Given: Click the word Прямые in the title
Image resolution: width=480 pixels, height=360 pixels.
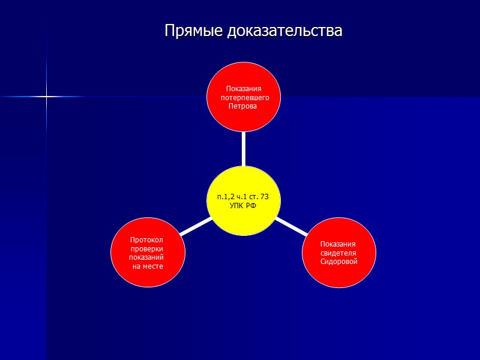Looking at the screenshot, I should pos(194,31).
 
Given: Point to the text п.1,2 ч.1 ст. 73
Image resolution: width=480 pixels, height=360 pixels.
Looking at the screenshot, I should pos(243,197).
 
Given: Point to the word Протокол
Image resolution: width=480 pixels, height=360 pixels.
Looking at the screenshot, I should pos(146,240).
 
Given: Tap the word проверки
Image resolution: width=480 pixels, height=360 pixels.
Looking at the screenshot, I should pos(146,249).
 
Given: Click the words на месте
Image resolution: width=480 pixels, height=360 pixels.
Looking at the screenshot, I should pos(148,266).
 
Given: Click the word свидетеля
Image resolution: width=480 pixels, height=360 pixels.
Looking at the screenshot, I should pos(338,253).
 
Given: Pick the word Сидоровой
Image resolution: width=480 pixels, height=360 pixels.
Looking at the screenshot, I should pos(339,262).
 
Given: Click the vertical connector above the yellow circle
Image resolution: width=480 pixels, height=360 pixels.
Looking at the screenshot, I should pos(243,148).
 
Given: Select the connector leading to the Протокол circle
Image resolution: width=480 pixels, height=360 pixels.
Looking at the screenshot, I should pos(194,226).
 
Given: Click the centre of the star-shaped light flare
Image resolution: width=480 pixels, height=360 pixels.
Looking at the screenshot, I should pos(46,97).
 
